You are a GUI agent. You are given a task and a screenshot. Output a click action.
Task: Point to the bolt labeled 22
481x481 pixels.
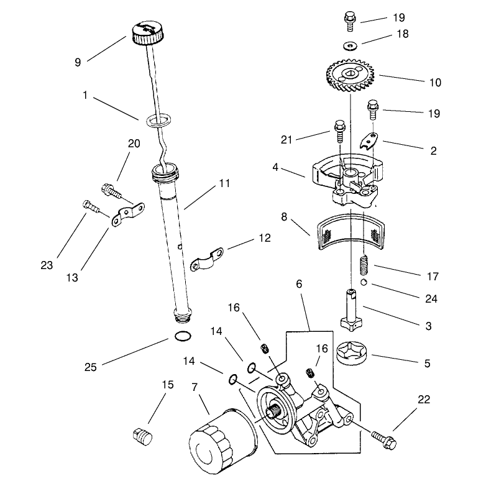[x=384, y=441]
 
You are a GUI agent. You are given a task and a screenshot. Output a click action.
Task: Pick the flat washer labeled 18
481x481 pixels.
[x=350, y=46]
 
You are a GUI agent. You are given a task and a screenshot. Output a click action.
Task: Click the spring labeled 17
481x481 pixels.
[x=364, y=265]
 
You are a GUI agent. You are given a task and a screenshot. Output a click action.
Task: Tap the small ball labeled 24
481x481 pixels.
[x=364, y=283]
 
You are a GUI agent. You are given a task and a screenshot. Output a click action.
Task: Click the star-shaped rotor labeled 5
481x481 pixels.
[x=352, y=354]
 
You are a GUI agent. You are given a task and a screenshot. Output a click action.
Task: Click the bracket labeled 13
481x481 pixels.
[x=128, y=214]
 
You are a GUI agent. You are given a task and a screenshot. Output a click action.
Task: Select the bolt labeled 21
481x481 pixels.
[x=339, y=131]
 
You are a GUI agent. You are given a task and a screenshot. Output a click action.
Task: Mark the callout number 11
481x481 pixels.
[x=224, y=183]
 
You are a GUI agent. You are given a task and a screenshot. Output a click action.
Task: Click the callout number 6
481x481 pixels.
[x=299, y=284]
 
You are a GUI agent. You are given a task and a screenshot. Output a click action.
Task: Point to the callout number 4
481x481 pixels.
[x=275, y=168]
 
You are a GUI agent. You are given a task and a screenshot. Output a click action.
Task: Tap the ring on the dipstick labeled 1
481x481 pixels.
[x=158, y=121]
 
